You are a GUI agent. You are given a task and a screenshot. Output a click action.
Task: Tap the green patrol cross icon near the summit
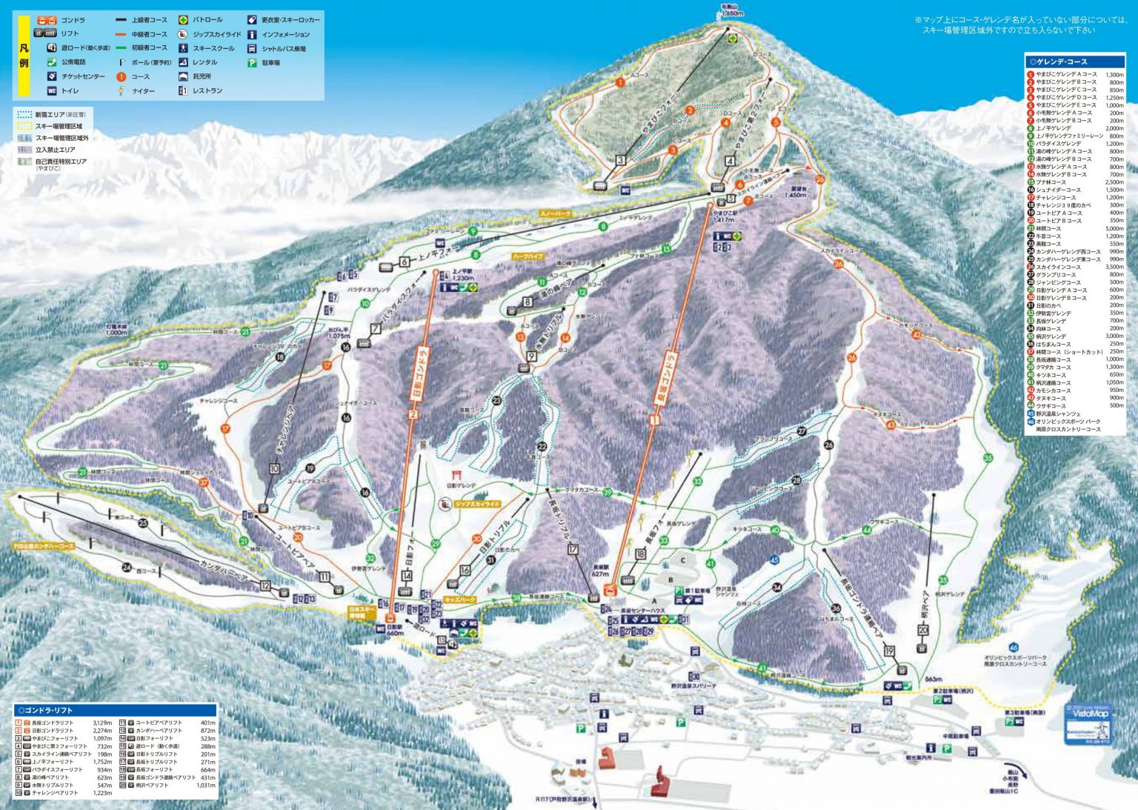coord(732,39)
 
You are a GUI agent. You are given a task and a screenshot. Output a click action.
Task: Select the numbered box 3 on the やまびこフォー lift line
coord(620,159)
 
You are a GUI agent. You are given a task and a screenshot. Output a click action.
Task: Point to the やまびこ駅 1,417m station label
coord(722,216)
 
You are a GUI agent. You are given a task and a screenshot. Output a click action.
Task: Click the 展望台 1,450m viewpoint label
coord(796,192)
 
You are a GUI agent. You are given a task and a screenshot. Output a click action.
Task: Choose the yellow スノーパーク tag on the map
coord(555,213)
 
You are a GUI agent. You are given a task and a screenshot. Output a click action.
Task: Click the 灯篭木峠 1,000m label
coord(116,329)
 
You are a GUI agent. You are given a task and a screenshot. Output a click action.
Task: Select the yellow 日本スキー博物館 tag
coord(362,612)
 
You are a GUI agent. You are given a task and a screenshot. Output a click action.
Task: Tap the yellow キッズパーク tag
coord(459,599)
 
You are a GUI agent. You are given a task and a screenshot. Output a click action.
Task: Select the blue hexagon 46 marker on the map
coord(1013,647)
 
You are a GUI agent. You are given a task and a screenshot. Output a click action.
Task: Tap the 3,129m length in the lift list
coord(102,723)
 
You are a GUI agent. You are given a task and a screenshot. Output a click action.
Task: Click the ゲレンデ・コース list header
coord(1074,62)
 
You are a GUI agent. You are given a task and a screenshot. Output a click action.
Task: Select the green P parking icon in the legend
coord(252,63)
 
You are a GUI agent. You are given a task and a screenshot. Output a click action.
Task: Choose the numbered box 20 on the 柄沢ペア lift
coord(922,630)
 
